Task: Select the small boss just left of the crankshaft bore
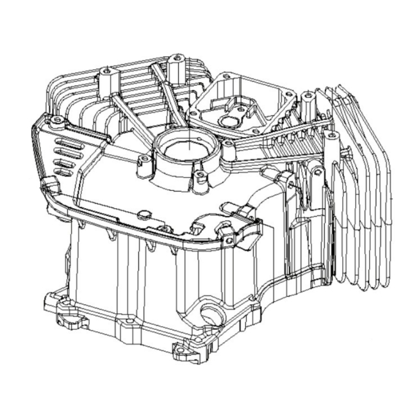pos(145,158)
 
